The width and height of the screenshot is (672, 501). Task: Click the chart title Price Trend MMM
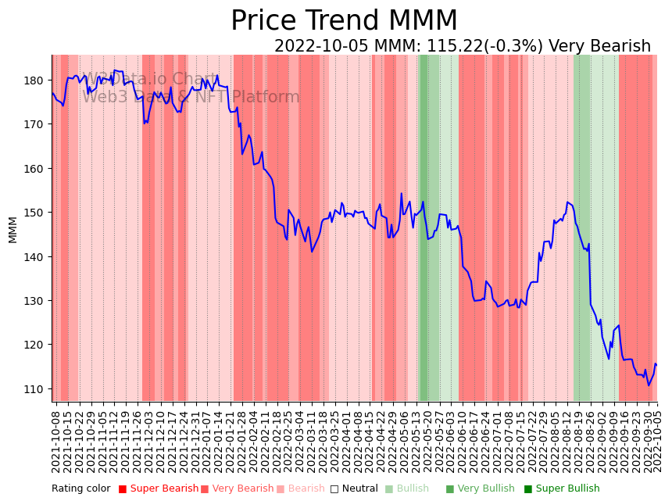tap(344, 21)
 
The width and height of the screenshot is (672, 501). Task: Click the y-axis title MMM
tap(13, 230)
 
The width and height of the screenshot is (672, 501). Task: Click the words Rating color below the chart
tap(81, 489)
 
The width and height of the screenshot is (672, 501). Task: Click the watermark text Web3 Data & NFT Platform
tap(191, 98)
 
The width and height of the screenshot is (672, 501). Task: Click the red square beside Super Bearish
tap(123, 489)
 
